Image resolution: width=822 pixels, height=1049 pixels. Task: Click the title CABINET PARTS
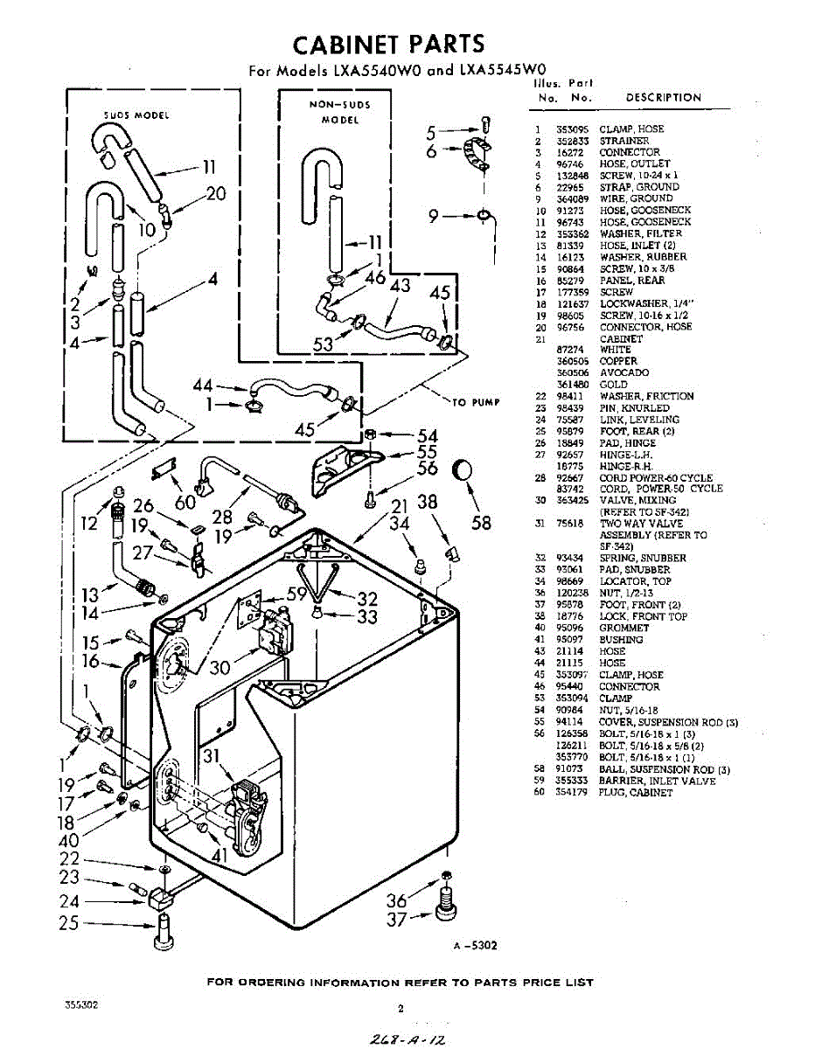coord(388,45)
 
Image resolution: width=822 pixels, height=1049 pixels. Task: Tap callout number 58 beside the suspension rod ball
coord(481,524)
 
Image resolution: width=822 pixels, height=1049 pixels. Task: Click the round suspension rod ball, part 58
coord(463,471)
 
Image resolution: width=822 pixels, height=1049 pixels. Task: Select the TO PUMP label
coord(476,402)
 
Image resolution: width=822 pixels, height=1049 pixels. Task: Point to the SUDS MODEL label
coord(136,115)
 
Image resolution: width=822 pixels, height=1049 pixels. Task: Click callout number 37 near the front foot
coord(397,919)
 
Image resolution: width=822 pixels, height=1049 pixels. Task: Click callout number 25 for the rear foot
coord(69,922)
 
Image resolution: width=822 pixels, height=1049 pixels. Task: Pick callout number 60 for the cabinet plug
coord(185,502)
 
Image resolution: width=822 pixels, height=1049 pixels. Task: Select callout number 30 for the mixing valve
coord(219,668)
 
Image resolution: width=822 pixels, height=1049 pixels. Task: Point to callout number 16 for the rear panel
coord(91,662)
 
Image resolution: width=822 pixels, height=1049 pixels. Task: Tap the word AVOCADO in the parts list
coord(624,372)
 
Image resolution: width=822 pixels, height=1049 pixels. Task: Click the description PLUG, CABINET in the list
coord(636,793)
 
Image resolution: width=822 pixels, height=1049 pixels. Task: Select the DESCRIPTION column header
coord(663,98)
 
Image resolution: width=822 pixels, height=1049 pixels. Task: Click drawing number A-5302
coord(475,945)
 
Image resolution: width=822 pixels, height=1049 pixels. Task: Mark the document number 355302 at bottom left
coord(80,1005)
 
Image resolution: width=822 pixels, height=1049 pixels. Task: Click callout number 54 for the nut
coord(428,435)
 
